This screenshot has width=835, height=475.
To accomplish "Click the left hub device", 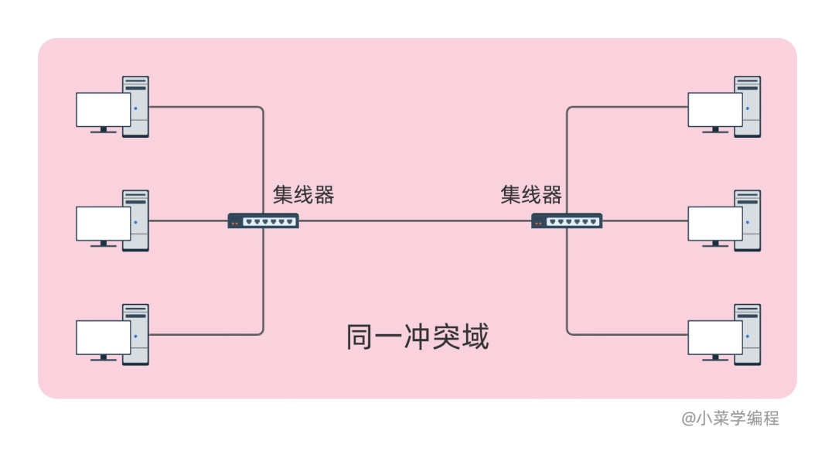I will point(263,220).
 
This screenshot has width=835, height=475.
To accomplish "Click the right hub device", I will point(567,220).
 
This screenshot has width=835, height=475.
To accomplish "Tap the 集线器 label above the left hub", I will point(303,195).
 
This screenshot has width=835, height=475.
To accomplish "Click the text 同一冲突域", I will point(417,337).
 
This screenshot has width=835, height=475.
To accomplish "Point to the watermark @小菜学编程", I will point(730,419).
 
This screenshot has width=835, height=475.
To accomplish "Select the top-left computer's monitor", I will point(103,109).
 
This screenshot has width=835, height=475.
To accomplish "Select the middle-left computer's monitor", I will point(103,224).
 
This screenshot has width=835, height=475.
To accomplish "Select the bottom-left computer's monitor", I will point(103,337).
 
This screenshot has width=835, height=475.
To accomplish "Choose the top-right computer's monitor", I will point(715,109).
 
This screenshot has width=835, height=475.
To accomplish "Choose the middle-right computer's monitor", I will point(715,224).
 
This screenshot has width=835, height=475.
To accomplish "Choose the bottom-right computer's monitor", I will point(715,337).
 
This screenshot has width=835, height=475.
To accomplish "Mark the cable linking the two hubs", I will point(415,220).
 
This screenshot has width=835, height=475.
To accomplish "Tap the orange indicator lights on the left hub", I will point(235,223).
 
